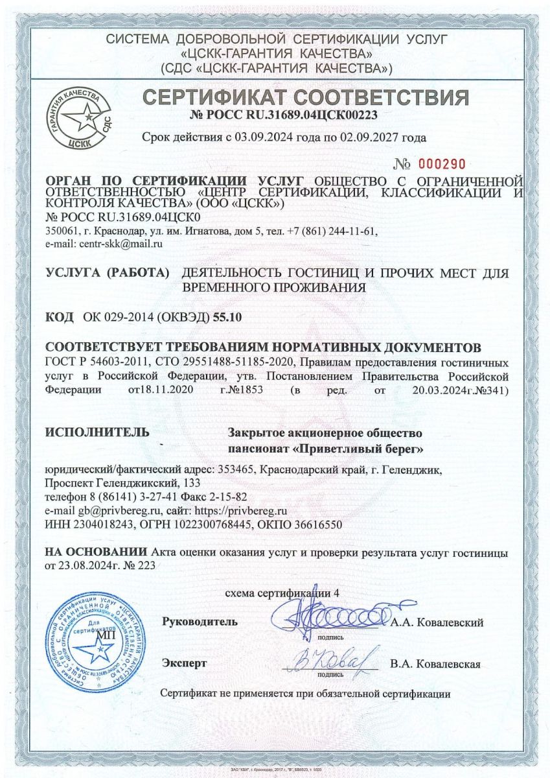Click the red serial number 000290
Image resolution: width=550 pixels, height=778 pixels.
pos(441,163)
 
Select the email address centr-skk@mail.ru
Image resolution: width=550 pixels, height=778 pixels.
pos(121,243)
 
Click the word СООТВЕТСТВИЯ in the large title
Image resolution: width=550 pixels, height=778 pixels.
pos(382,97)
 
